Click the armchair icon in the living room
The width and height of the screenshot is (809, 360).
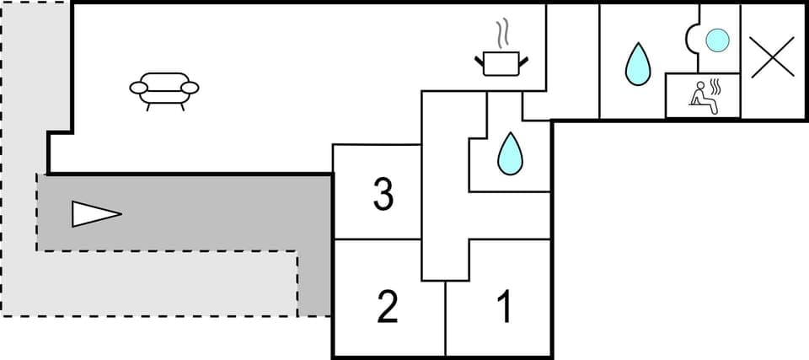(164, 87)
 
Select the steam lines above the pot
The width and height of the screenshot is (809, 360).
(503, 34)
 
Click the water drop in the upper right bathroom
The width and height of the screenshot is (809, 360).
(638, 65)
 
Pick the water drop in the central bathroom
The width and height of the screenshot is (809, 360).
(509, 153)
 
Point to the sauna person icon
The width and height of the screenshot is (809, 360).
(699, 95)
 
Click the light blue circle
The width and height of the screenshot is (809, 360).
(716, 40)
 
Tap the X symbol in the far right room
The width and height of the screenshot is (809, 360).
(774, 58)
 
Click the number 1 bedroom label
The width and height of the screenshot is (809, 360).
(504, 308)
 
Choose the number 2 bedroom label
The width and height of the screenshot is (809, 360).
(387, 308)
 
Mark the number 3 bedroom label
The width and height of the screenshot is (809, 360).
(383, 196)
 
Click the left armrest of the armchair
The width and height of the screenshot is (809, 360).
(138, 87)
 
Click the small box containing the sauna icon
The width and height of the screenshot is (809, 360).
(703, 95)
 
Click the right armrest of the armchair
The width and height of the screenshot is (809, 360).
(191, 87)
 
